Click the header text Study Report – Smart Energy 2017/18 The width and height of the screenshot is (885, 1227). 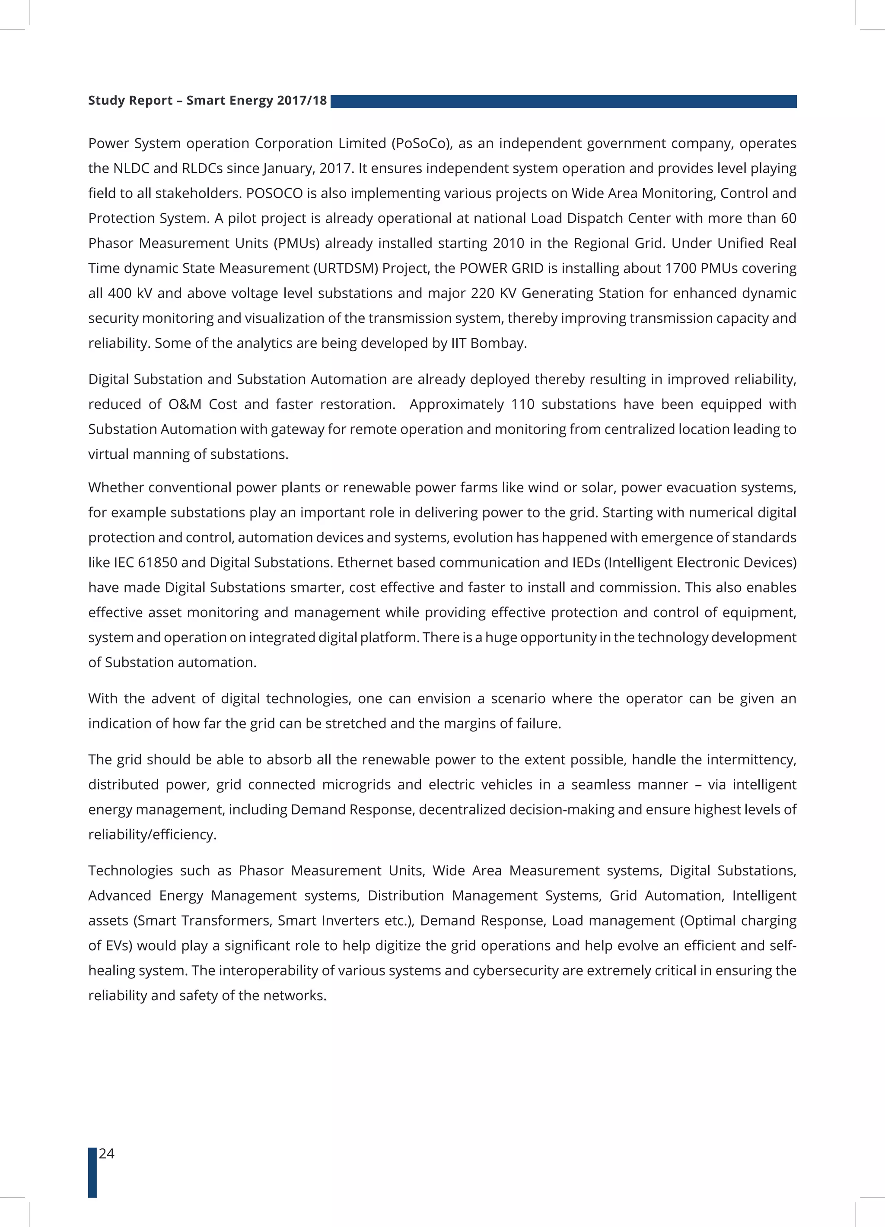207,101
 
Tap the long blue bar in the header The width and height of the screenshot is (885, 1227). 563,101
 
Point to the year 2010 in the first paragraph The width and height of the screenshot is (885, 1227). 508,244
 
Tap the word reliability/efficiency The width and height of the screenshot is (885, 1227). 152,835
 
